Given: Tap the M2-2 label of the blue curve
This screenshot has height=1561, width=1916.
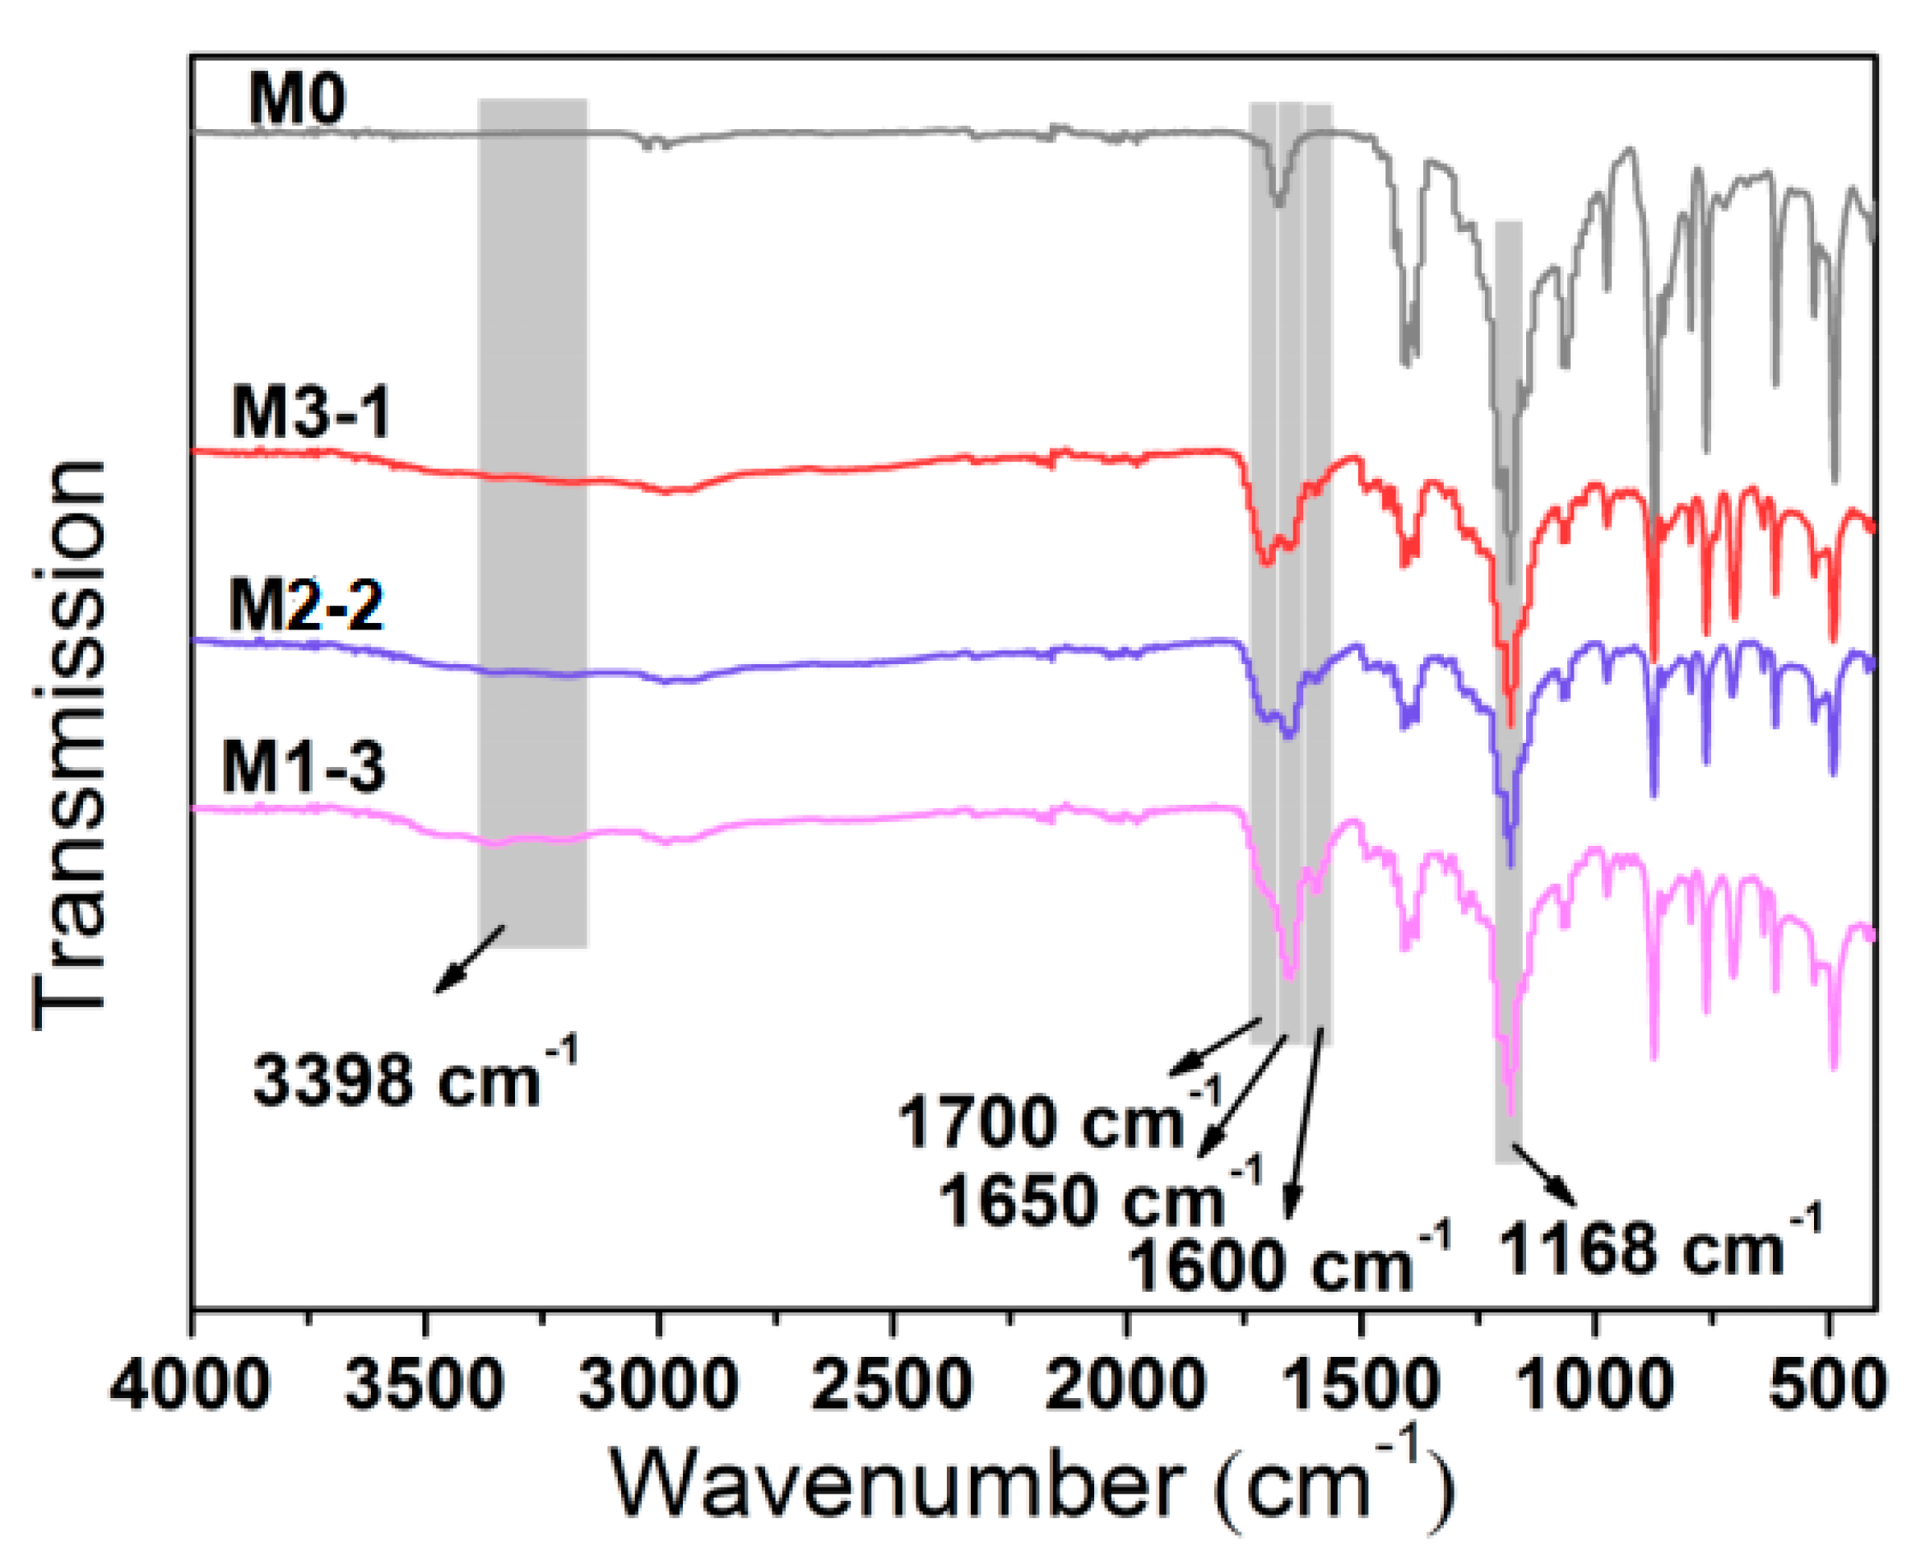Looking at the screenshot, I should coord(306,604).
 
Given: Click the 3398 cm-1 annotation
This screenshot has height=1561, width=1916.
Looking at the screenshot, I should coord(414,1078).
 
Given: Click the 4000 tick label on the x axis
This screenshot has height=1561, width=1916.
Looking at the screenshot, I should coord(190,1386).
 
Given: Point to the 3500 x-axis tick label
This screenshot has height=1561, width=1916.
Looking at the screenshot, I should coord(424,1386).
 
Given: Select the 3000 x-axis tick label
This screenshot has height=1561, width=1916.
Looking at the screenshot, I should coord(658,1386).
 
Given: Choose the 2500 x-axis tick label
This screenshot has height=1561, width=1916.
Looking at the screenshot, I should coord(892,1386).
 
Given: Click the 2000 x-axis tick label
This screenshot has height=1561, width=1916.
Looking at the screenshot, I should coord(1125,1386).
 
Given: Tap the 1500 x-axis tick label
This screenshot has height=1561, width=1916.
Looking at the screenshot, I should coord(1361,1386).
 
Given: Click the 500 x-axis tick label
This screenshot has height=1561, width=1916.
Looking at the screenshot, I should coord(1827,1386).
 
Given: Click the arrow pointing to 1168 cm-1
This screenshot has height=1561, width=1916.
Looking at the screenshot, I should coord(1544,1175).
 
